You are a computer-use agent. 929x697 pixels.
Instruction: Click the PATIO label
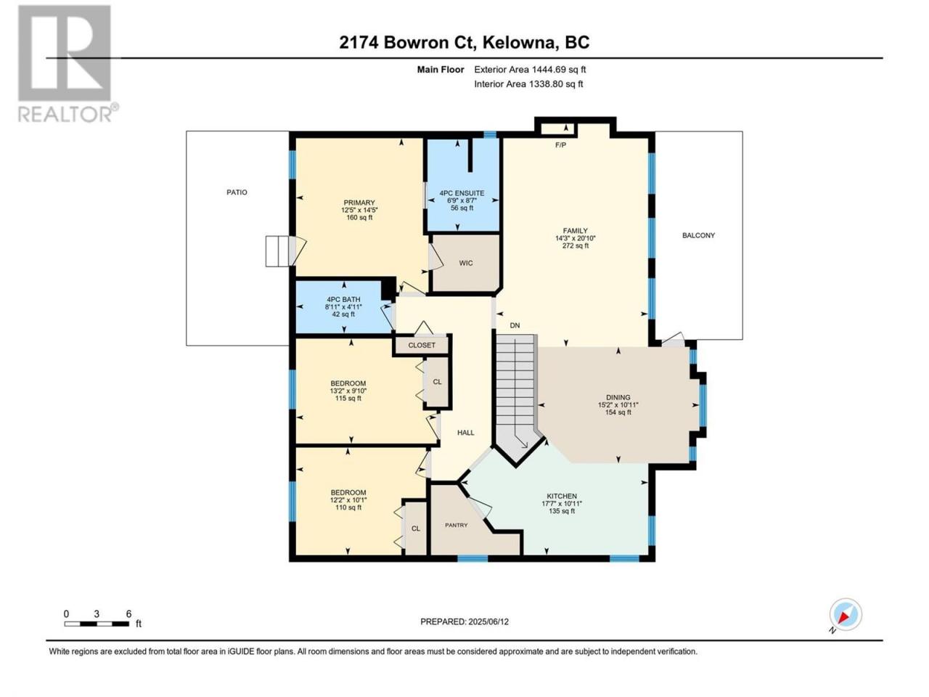tap(237, 192)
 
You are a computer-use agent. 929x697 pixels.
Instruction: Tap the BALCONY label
tap(698, 235)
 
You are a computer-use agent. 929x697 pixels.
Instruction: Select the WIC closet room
tap(465, 264)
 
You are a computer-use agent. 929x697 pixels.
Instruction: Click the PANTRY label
tap(457, 525)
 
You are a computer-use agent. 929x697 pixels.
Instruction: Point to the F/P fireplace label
tap(560, 145)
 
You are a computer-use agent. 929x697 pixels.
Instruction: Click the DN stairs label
tap(515, 325)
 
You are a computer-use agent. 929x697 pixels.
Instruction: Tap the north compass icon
tap(845, 614)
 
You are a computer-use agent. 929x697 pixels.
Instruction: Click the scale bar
tap(97, 624)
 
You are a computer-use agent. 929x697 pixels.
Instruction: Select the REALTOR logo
tap(67, 63)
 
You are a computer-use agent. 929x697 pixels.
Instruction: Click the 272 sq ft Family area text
tap(575, 245)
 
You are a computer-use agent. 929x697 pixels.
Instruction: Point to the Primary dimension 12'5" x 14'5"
tap(359, 210)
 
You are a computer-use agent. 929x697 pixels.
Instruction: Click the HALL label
tap(465, 433)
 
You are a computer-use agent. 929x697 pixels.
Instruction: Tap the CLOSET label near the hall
tap(422, 346)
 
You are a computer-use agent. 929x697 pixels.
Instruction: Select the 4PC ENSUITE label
tap(462, 193)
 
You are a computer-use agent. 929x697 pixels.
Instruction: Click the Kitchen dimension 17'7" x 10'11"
tap(562, 504)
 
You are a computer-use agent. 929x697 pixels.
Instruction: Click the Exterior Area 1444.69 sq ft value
tap(559, 70)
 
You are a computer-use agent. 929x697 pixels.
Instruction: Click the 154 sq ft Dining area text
tap(618, 412)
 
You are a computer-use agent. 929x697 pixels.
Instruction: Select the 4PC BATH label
tap(343, 300)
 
